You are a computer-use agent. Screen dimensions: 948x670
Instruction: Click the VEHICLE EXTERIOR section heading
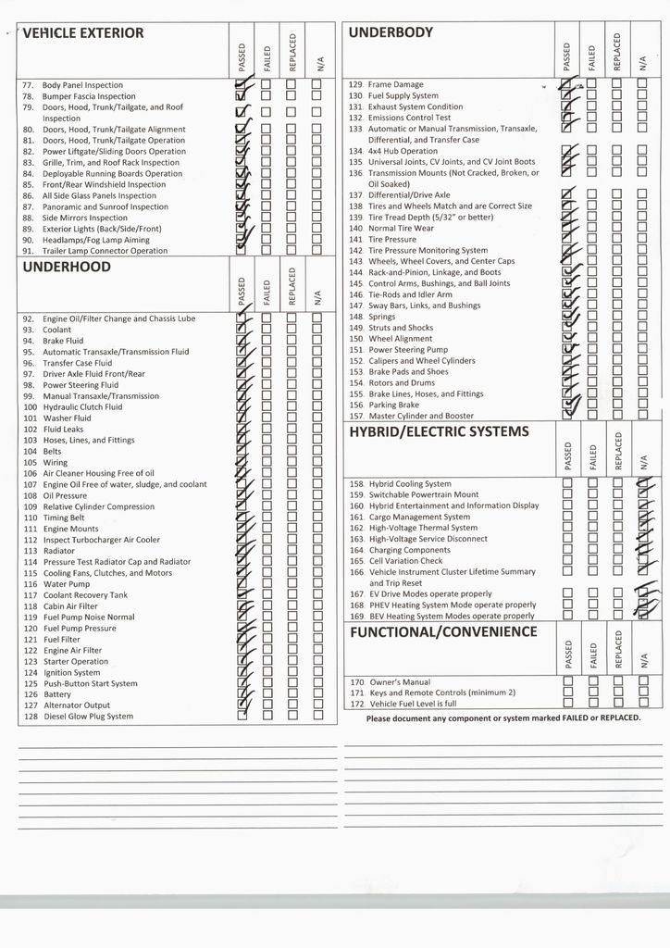(83, 33)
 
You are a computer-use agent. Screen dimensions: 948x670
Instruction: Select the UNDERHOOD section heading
(66, 267)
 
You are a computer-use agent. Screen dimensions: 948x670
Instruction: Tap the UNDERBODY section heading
(391, 32)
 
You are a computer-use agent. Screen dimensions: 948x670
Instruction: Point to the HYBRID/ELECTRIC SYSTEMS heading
(439, 431)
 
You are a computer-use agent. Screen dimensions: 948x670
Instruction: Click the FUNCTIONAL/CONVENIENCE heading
(442, 631)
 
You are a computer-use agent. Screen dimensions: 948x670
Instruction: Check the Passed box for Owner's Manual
(568, 681)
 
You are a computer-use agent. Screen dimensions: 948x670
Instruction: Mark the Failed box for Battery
(267, 694)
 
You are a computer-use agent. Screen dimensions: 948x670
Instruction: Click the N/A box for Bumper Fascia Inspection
(316, 96)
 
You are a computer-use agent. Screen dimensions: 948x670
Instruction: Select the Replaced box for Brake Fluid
(292, 341)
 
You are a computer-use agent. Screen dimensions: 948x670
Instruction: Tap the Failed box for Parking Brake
(591, 405)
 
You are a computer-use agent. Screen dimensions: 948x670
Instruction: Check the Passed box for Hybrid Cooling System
(568, 483)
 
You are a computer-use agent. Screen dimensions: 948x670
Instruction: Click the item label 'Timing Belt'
(64, 518)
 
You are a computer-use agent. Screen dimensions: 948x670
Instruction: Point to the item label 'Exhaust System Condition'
(416, 107)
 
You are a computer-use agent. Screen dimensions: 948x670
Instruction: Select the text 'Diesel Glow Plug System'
(88, 717)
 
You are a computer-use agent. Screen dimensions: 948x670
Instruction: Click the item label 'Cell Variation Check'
(405, 561)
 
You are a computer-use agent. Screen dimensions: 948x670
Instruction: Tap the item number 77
(28, 85)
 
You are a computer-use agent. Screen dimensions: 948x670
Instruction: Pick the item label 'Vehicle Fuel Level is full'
(412, 704)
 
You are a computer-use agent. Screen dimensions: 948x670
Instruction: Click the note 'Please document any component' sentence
(503, 717)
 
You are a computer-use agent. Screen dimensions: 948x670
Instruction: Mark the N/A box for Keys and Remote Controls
(642, 692)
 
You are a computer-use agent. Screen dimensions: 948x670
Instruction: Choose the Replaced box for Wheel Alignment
(615, 339)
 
